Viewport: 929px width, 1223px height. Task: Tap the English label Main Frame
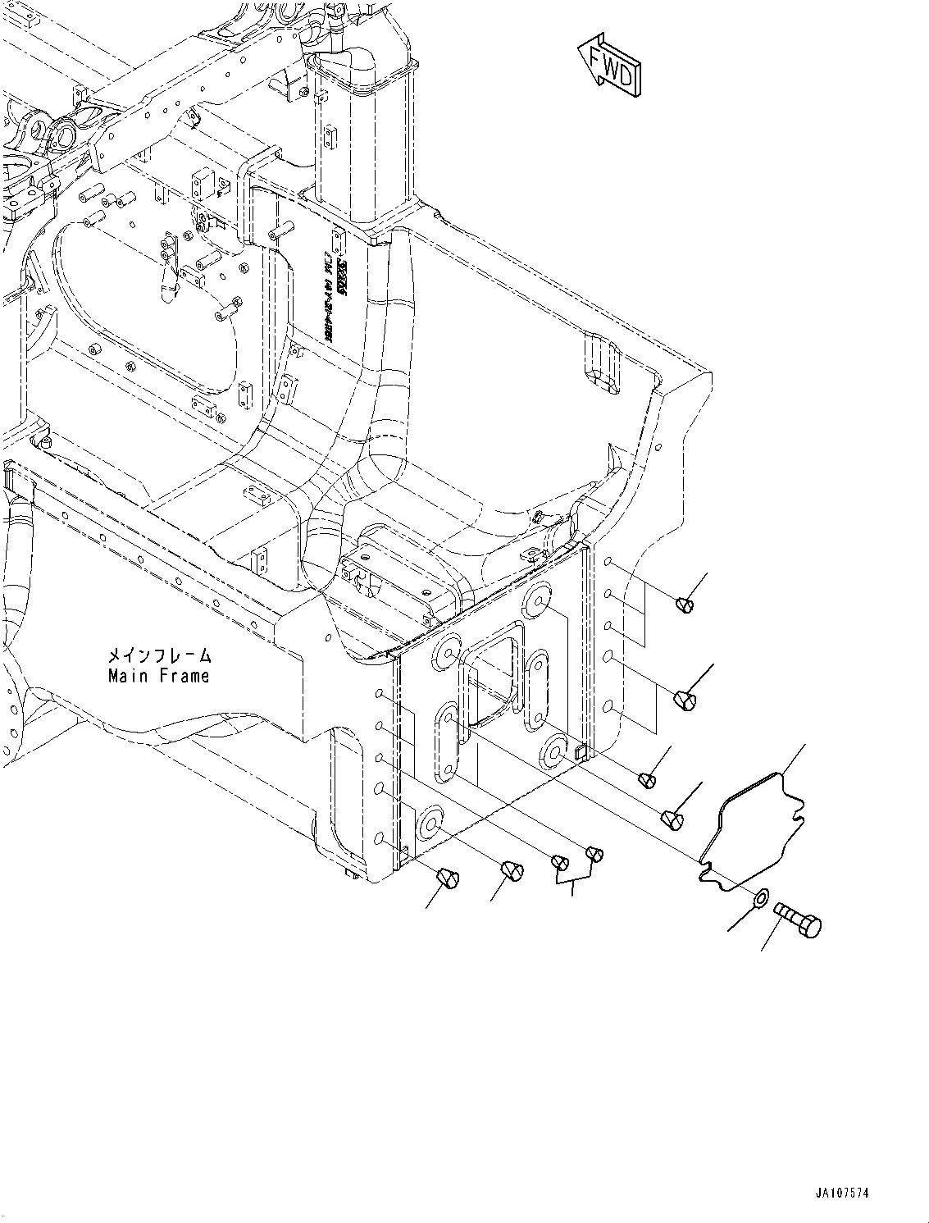(158, 677)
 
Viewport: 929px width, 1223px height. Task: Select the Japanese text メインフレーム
(158, 657)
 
